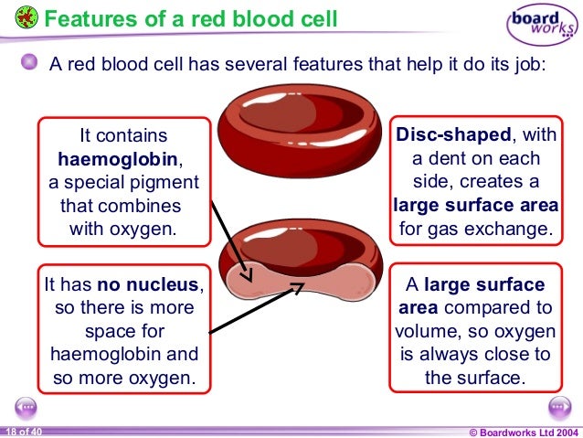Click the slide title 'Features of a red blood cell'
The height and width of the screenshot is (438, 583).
pyautogui.click(x=190, y=17)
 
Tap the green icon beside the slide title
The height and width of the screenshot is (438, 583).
pyautogui.click(x=27, y=17)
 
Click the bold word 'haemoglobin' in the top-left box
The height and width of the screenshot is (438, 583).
pyautogui.click(x=122, y=157)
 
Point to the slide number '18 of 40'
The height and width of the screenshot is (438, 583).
pyautogui.click(x=22, y=432)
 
